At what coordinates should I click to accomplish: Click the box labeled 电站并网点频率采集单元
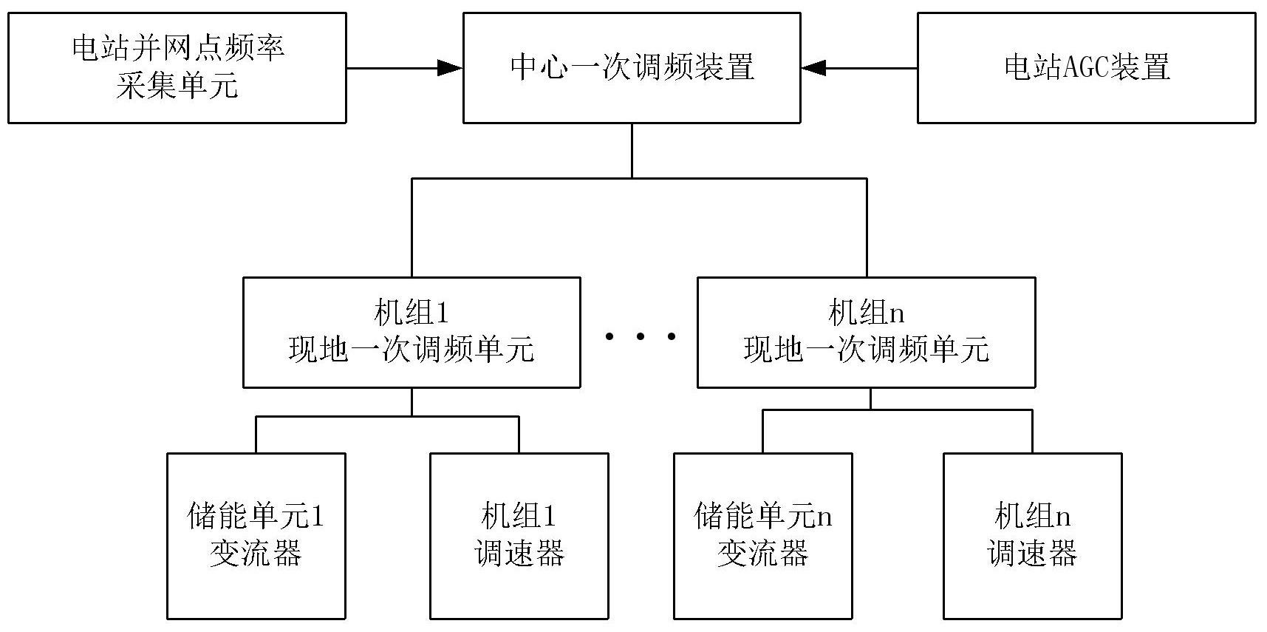(177, 67)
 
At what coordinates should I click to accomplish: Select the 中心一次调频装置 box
(632, 67)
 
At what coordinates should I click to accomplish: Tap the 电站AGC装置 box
(1086, 67)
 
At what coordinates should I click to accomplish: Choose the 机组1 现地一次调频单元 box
(411, 332)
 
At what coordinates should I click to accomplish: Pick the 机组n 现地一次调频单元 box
(866, 332)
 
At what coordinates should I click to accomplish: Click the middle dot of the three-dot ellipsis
(640, 337)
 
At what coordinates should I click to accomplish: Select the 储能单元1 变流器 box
(256, 535)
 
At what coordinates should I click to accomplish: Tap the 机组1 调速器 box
(519, 535)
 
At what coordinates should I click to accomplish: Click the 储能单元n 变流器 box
(763, 535)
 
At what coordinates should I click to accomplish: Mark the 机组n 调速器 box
(1032, 535)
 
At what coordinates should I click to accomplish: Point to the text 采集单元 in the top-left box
(177, 86)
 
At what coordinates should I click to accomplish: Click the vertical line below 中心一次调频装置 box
(632, 150)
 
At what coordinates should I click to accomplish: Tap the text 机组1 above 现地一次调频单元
(411, 313)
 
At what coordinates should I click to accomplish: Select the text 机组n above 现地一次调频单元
(866, 313)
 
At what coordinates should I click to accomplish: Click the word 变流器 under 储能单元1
(256, 553)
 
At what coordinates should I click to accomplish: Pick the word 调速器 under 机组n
(1032, 553)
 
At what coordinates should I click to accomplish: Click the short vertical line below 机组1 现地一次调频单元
(411, 401)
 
